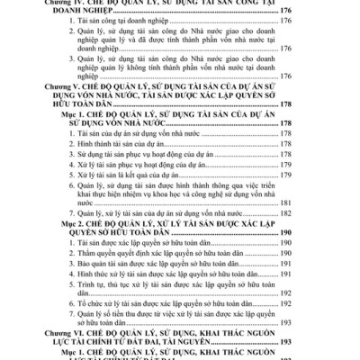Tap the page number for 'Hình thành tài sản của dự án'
coord(308,144)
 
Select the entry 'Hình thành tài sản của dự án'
coord(117,144)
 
